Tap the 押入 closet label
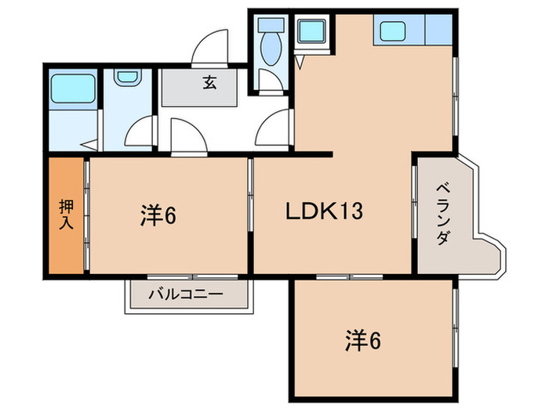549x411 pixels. click(x=66, y=215)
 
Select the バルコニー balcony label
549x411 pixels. click(x=187, y=295)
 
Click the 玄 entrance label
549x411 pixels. click(x=210, y=83)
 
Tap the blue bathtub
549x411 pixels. click(x=73, y=88)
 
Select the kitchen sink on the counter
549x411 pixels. click(x=392, y=31)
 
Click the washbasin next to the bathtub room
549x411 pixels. click(x=125, y=78)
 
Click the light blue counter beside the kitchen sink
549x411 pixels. click(x=438, y=31)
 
